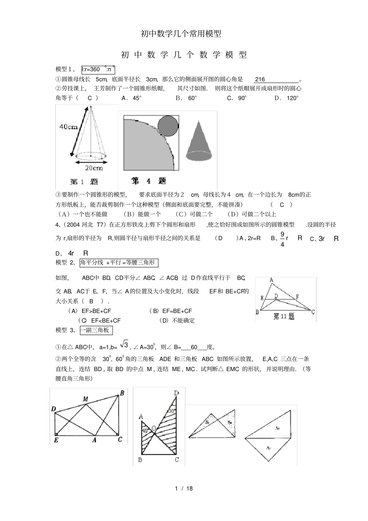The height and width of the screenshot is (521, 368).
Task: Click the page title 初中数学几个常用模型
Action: tap(181, 34)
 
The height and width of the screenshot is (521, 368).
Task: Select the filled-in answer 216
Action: tap(260, 79)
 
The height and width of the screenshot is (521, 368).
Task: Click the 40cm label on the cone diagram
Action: tap(68, 127)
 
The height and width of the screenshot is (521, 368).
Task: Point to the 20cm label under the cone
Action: tap(94, 168)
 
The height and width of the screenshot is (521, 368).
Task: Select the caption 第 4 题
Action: tap(148, 181)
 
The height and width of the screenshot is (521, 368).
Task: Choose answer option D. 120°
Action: tap(287, 98)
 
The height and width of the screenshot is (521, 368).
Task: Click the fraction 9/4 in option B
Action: tap(282, 239)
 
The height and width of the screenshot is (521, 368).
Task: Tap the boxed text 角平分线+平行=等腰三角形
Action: tap(119, 263)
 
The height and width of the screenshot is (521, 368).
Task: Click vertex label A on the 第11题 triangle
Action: tap(271, 280)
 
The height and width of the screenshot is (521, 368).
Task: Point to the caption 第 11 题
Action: tap(284, 316)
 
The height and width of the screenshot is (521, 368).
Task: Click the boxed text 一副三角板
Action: tap(96, 330)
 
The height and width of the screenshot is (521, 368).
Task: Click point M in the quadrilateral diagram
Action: tap(85, 399)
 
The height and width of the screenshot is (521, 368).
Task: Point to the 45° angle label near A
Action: tap(145, 430)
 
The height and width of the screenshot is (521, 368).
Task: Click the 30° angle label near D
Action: tap(172, 411)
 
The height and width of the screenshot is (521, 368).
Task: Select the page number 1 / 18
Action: tap(184, 488)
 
